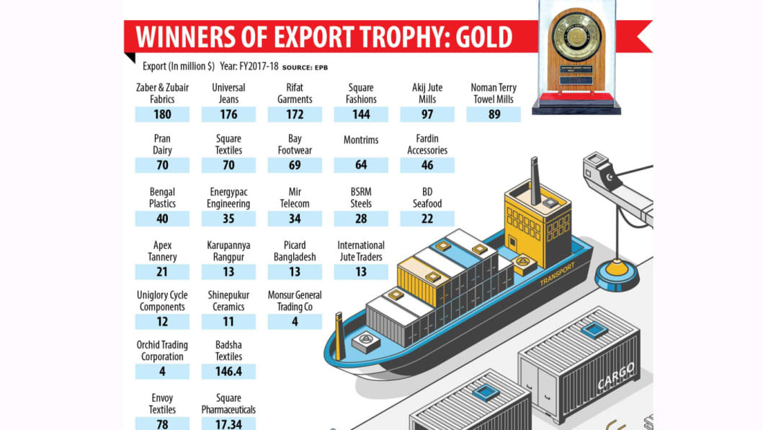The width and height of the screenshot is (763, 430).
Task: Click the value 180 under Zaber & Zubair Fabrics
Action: click(x=162, y=114)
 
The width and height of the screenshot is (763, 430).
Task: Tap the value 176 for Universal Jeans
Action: click(x=228, y=114)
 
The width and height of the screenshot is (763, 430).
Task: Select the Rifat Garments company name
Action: click(x=295, y=93)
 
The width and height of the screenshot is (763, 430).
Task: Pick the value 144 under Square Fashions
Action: click(x=361, y=114)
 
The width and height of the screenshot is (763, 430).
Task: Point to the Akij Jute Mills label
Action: click(x=427, y=93)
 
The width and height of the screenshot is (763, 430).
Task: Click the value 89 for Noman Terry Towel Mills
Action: click(x=494, y=114)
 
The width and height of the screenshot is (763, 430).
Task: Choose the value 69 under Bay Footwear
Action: click(x=295, y=165)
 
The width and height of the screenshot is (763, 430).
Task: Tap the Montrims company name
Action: click(x=361, y=140)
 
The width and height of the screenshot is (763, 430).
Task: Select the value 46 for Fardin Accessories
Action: click(x=427, y=165)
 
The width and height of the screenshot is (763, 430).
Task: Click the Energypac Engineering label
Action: click(x=228, y=198)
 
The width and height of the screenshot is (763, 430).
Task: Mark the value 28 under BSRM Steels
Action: click(x=361, y=219)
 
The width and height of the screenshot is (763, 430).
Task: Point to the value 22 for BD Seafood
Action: click(x=427, y=219)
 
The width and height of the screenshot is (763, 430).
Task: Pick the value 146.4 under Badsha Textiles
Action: click(x=228, y=372)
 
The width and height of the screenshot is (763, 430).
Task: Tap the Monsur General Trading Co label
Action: click(x=295, y=301)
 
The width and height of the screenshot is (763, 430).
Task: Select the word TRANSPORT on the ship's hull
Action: click(x=558, y=273)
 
